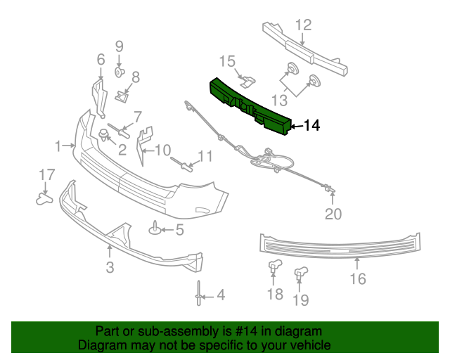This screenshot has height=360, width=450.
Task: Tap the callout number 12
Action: [302, 25]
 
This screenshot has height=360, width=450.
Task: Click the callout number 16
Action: [357, 279]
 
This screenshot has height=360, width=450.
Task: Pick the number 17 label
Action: [46, 174]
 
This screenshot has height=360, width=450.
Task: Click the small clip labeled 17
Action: [45, 199]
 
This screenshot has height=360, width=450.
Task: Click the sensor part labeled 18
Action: [274, 266]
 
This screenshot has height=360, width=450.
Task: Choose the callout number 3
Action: [110, 267]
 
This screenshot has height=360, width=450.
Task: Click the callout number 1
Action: [58, 146]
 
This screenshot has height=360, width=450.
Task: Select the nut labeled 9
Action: [119, 72]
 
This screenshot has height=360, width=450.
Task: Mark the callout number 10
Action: [162, 150]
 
